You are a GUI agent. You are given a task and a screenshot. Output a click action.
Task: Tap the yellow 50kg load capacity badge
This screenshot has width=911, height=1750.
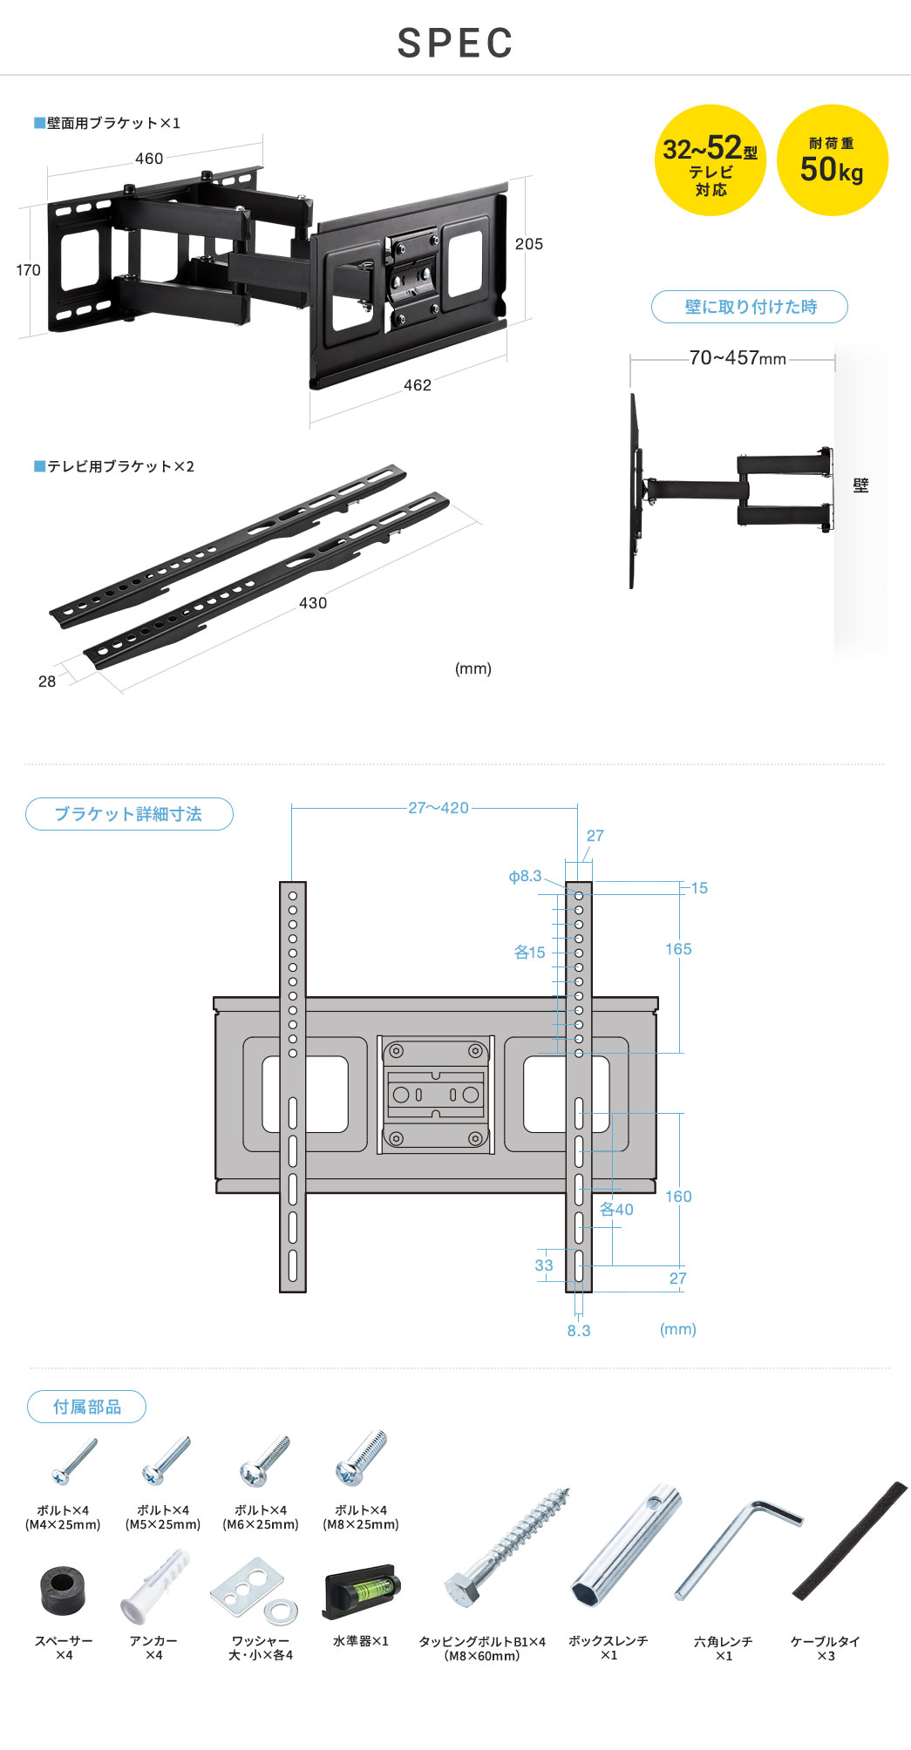[832, 160]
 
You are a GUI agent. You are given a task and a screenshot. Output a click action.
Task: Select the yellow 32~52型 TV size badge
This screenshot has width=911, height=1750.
[710, 160]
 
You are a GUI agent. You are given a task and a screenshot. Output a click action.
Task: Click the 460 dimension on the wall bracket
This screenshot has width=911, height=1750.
[149, 159]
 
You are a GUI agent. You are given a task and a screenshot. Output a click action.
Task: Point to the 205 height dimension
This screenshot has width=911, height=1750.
[528, 244]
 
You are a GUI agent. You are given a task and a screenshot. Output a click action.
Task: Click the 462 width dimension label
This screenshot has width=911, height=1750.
[418, 385]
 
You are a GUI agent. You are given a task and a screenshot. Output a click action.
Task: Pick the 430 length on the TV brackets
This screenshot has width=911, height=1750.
[313, 603]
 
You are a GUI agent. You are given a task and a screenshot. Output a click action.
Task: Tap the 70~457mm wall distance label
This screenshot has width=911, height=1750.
[737, 358]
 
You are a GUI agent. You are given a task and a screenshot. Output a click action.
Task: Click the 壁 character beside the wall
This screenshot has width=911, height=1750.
[860, 486]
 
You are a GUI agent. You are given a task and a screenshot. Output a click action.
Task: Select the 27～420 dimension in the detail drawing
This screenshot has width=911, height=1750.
[438, 808]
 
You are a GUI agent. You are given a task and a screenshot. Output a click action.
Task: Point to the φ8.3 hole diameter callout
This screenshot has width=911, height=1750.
[525, 876]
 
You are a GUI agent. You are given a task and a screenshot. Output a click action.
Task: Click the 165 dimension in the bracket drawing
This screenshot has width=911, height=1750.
[678, 949]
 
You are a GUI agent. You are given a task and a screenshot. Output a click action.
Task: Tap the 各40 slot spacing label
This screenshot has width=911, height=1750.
[616, 1210]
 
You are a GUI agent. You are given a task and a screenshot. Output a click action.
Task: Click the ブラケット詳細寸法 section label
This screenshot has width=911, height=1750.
[129, 814]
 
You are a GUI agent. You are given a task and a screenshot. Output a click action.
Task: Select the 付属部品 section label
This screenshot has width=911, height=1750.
[86, 1407]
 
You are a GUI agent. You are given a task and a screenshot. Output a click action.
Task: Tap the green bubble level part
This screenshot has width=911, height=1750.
[361, 1591]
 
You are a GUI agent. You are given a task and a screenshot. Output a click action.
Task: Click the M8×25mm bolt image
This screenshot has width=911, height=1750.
[361, 1459]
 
